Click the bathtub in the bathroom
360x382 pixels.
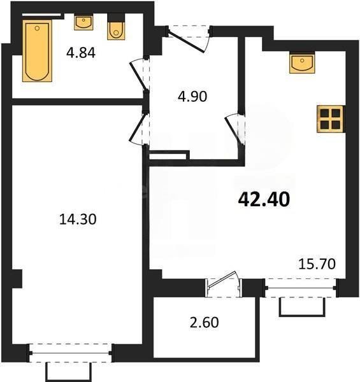(37, 50)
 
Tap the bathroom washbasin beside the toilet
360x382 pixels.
(83, 24)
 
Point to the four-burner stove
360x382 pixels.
(331, 118)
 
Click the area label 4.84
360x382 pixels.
(81, 53)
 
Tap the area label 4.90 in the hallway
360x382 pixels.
(192, 97)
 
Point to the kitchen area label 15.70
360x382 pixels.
(317, 262)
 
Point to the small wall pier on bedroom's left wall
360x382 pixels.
(17, 278)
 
